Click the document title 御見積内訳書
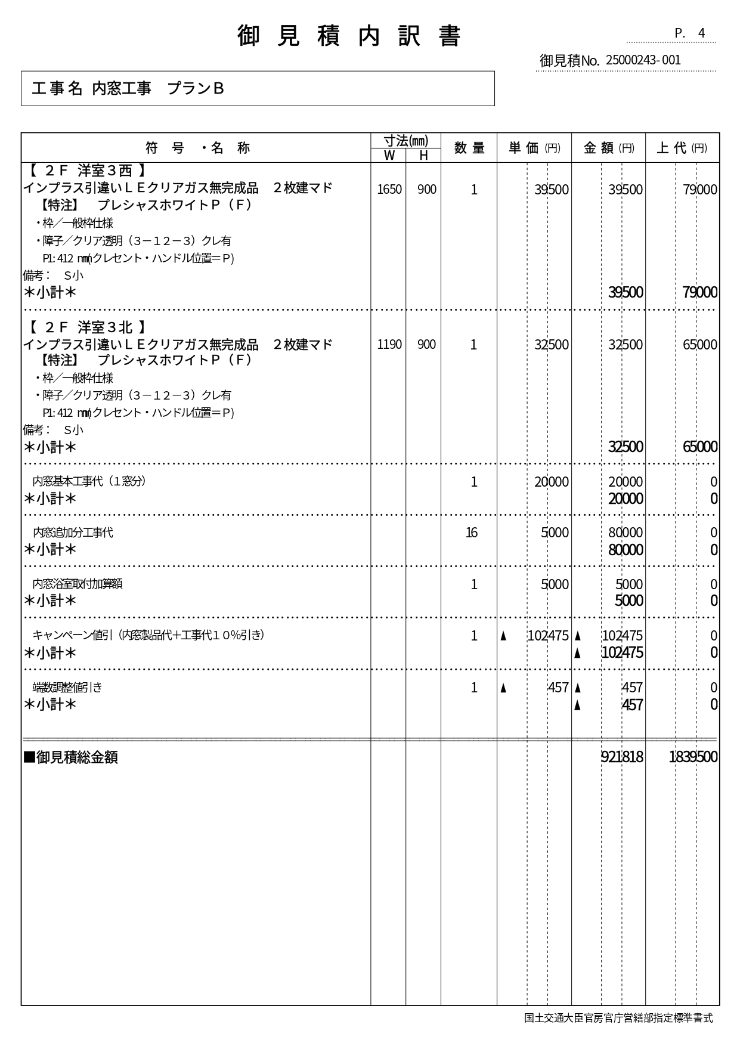[349, 36]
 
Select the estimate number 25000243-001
[643, 60]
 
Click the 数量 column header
[469, 148]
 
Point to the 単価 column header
[534, 148]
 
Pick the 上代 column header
[682, 148]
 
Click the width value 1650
[389, 190]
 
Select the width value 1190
[389, 345]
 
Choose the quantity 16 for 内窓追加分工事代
[471, 533]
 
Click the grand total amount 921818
[622, 757]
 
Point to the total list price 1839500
[693, 757]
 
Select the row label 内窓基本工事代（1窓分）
[89, 481]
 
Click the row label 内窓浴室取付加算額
[78, 584]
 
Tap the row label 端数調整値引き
[67, 687]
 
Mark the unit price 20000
[552, 482]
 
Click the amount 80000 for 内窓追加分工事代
[626, 533]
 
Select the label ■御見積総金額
[70, 757]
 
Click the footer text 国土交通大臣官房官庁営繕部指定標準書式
[618, 1018]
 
